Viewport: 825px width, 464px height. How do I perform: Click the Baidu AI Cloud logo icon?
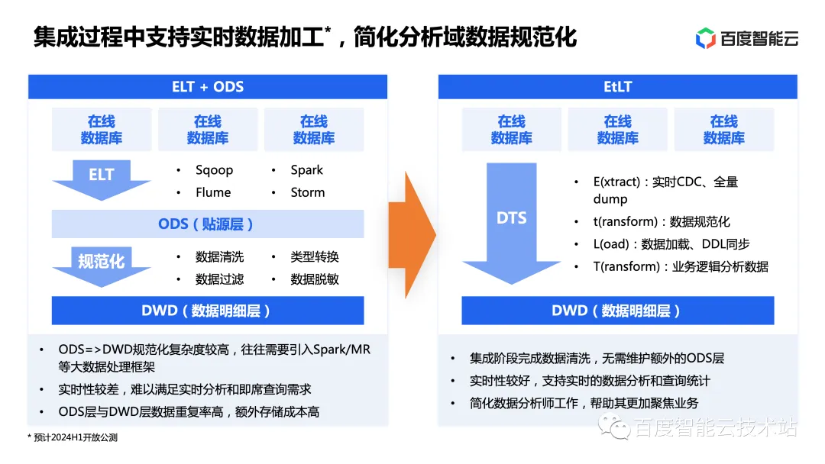[x=706, y=38]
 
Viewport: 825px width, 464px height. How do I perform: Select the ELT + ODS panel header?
[x=208, y=86]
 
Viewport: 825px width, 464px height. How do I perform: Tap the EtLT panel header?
[x=617, y=86]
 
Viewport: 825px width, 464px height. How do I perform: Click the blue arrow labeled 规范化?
[x=102, y=264]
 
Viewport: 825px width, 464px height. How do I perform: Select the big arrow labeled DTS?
[x=511, y=221]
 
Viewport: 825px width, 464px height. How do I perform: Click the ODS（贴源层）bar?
[x=208, y=224]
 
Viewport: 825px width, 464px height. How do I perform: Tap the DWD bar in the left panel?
[x=208, y=311]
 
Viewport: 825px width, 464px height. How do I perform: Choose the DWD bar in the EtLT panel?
[x=617, y=311]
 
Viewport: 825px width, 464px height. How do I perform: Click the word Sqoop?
[x=214, y=170]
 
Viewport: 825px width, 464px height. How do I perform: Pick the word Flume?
[x=213, y=192]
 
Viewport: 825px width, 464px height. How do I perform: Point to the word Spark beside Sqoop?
[x=307, y=170]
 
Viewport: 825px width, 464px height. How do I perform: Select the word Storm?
[x=308, y=192]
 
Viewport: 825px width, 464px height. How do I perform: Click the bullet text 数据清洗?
[x=220, y=257]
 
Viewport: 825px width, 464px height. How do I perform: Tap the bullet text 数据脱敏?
[x=315, y=279]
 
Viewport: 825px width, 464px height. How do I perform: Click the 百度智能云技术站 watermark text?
[x=715, y=428]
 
